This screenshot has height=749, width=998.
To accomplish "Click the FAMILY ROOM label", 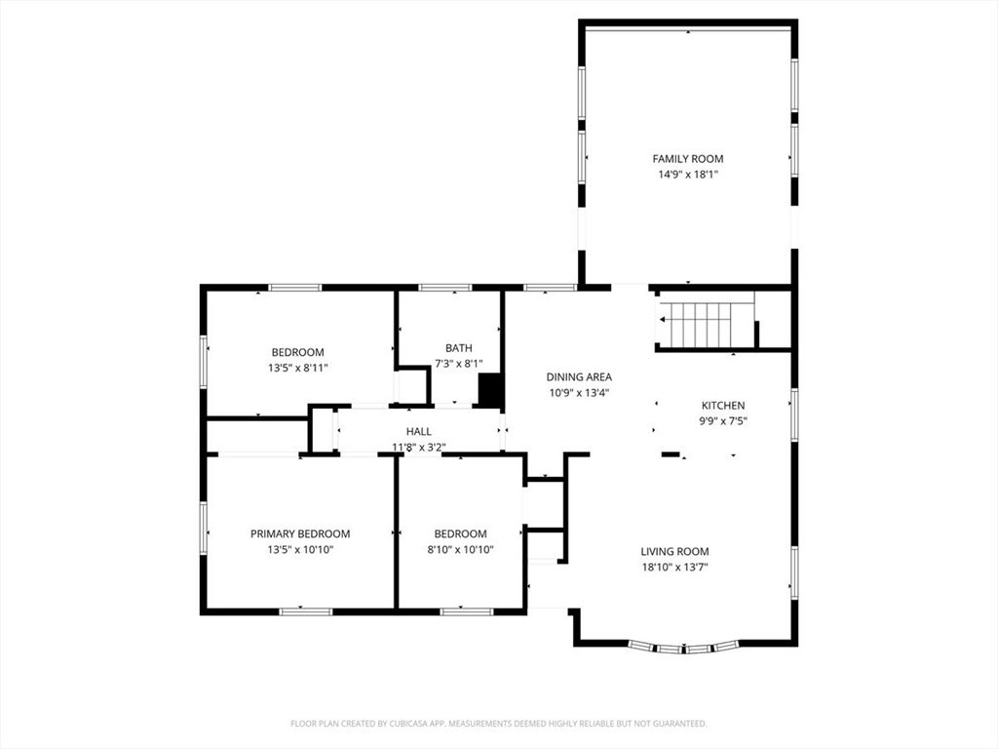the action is pyautogui.click(x=687, y=159).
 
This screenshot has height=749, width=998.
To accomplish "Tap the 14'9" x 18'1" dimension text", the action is pyautogui.click(x=687, y=174).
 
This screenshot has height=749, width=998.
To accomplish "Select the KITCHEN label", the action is pyautogui.click(x=723, y=405).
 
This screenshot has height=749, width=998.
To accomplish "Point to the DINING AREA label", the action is pyautogui.click(x=579, y=377).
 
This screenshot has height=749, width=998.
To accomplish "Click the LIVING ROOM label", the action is pyautogui.click(x=674, y=552).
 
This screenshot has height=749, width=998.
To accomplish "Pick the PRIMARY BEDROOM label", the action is pyautogui.click(x=300, y=533).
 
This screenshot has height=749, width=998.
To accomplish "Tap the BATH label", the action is pyautogui.click(x=459, y=348).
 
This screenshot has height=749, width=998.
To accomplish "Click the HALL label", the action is pyautogui.click(x=419, y=431).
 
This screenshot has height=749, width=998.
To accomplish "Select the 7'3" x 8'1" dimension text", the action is pyautogui.click(x=459, y=364).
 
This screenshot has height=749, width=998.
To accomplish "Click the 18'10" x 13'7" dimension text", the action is pyautogui.click(x=674, y=567).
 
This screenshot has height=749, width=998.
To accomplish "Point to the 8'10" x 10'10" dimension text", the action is pyautogui.click(x=460, y=550).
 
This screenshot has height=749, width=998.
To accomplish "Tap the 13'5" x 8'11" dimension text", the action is pyautogui.click(x=298, y=368).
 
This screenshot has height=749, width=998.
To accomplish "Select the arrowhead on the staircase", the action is pyautogui.click(x=663, y=319).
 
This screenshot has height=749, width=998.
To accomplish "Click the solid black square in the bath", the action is pyautogui.click(x=490, y=390).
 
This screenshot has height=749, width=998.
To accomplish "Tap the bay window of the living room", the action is pyautogui.click(x=684, y=649).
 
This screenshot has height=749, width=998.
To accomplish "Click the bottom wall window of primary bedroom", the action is pyautogui.click(x=306, y=611).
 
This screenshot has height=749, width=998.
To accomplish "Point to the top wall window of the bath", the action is pyautogui.click(x=445, y=288).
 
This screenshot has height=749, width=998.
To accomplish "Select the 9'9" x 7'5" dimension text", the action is pyautogui.click(x=723, y=420).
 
